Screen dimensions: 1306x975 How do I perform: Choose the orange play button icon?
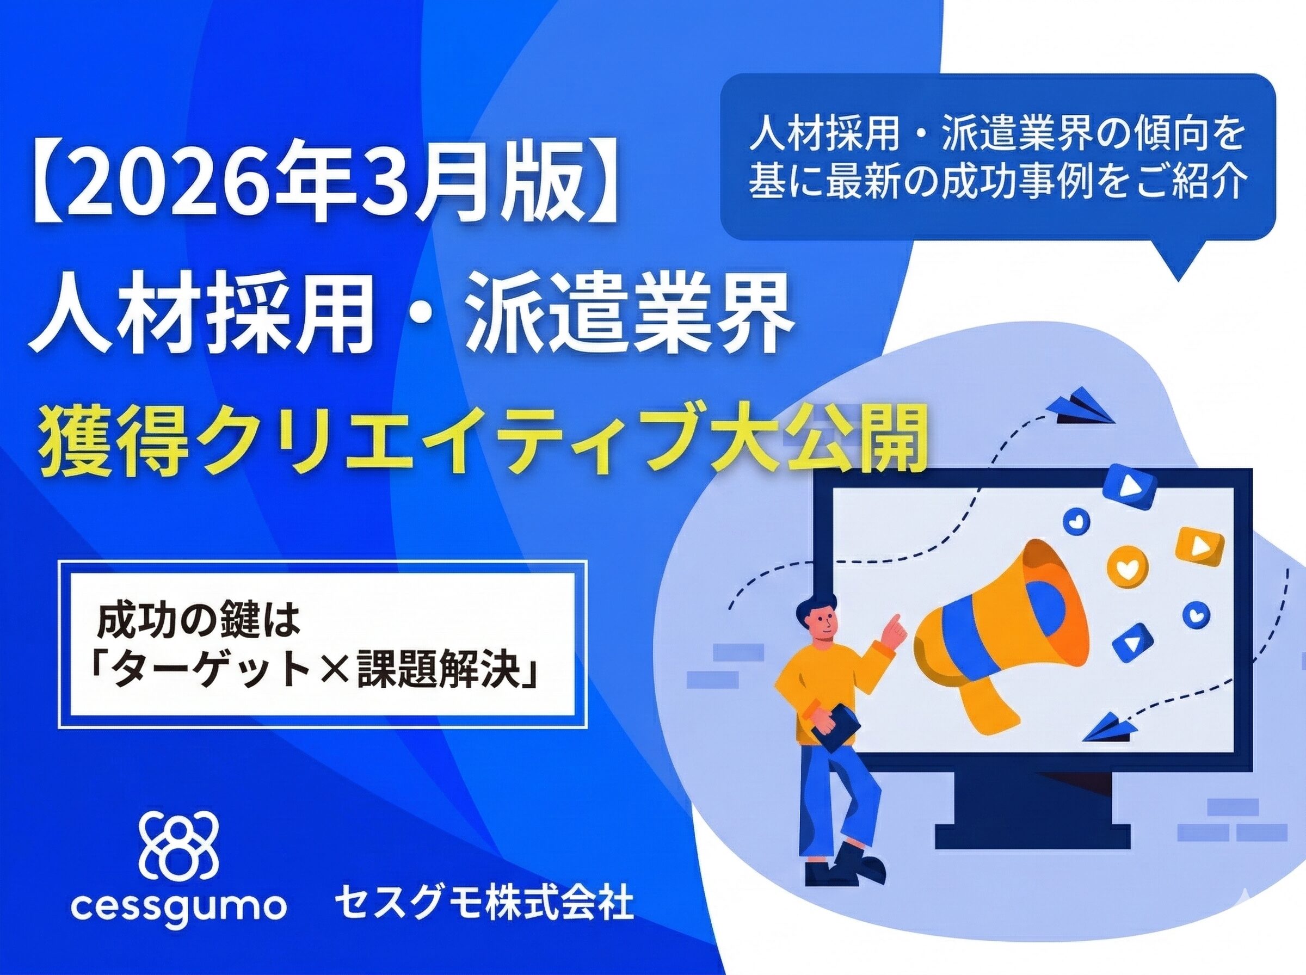(1199, 546)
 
